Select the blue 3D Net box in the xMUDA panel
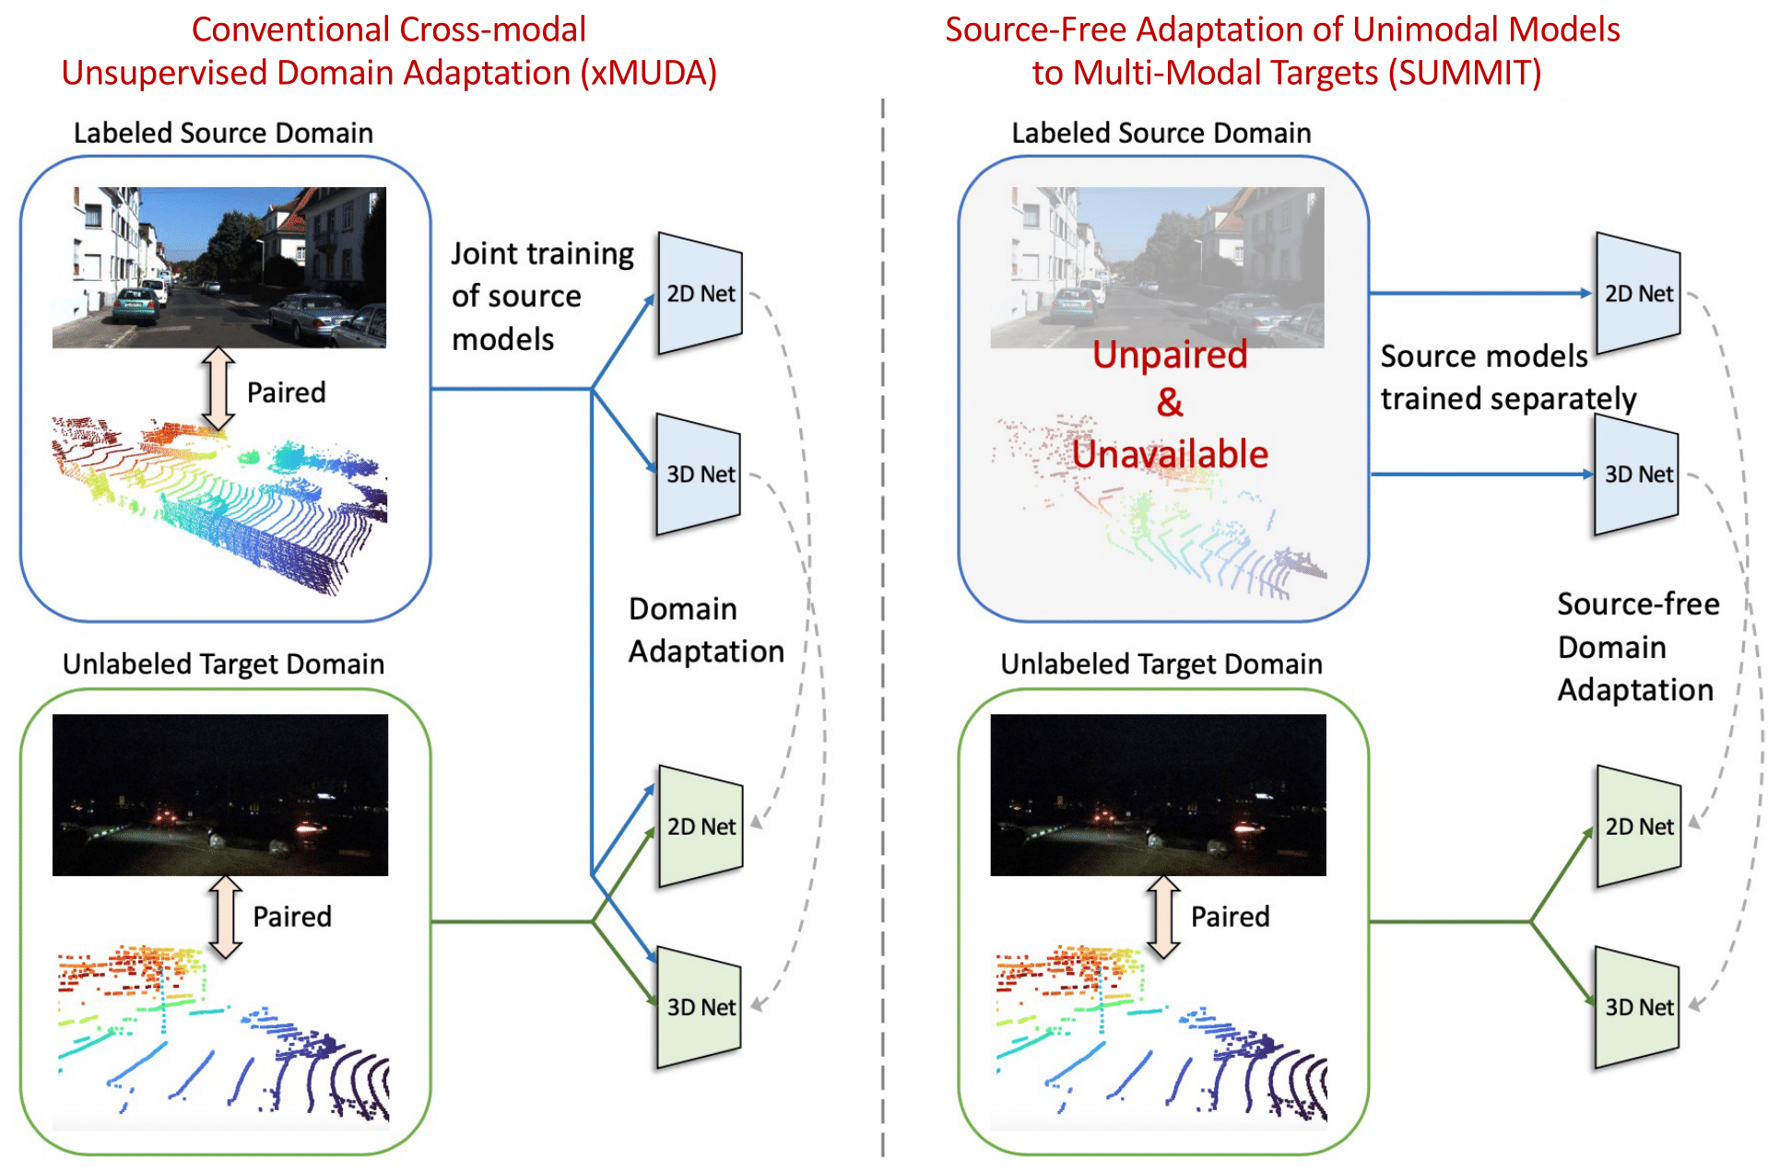[699, 474]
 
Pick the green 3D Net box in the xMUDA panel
[700, 1007]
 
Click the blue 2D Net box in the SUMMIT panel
[1638, 294]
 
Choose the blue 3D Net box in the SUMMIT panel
[1637, 474]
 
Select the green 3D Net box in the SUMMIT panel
[1638, 1007]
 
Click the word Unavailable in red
[1170, 454]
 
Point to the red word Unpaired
[1170, 355]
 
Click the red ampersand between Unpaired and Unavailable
[1170, 403]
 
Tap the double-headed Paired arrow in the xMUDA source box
[218, 390]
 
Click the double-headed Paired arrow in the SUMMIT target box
[1163, 917]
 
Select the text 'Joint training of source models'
[542, 296]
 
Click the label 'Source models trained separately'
[1507, 378]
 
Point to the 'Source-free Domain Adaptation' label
[1637, 647]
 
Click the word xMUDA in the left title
[648, 73]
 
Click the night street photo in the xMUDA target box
[220, 794]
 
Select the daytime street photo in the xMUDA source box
[219, 267]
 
